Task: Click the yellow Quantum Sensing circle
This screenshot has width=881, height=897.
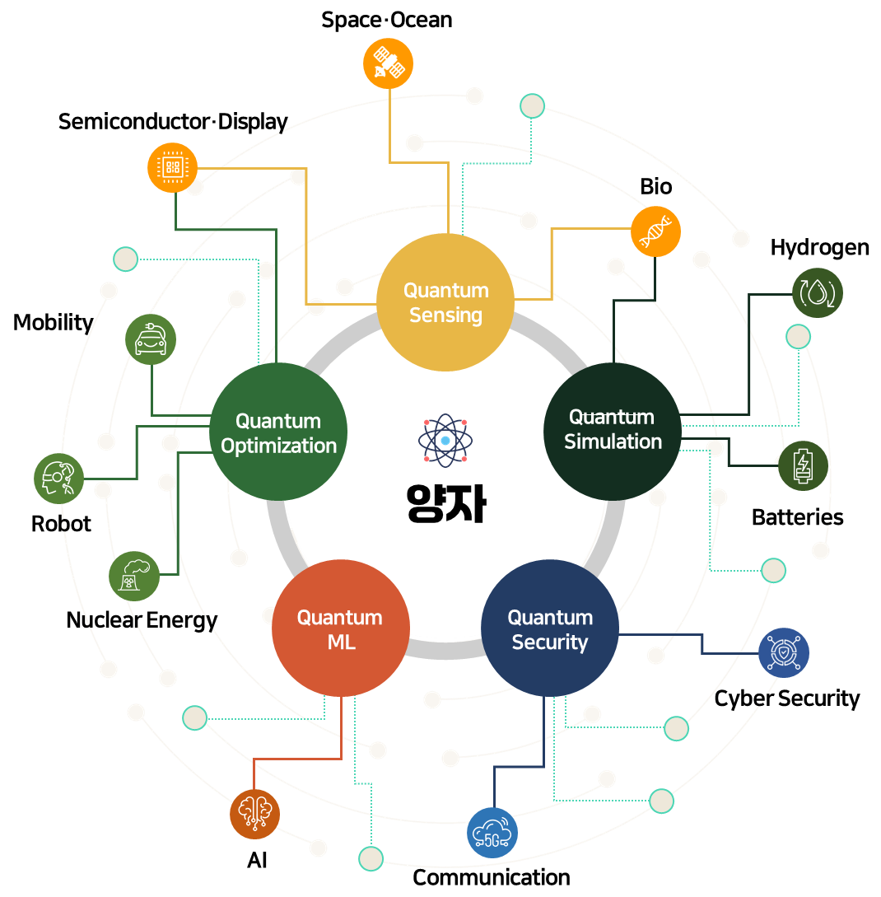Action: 445,302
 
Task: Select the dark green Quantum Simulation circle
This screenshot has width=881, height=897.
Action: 613,431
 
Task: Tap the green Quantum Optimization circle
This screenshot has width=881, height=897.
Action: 278,432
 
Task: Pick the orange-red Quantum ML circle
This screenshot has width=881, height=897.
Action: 340,628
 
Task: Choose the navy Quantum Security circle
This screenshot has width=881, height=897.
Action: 549,628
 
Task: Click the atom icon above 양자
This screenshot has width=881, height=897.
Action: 445,441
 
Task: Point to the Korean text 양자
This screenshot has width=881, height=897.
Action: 445,503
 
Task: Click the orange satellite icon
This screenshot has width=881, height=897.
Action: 388,63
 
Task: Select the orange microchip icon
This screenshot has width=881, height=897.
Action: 172,167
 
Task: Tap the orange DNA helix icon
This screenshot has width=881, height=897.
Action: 655,231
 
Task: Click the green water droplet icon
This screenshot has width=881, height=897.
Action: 817,292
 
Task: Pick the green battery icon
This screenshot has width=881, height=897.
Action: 803,465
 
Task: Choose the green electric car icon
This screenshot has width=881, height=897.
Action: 151,339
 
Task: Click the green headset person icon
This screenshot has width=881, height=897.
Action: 58,479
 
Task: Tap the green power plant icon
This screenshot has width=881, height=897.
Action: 134,576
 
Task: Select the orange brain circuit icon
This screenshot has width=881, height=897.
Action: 254,814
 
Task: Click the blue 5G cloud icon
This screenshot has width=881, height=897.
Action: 492,833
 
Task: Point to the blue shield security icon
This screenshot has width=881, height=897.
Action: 783,652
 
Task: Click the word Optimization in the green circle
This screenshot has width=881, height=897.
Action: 279,446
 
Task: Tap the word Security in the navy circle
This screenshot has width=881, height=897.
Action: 550,642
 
